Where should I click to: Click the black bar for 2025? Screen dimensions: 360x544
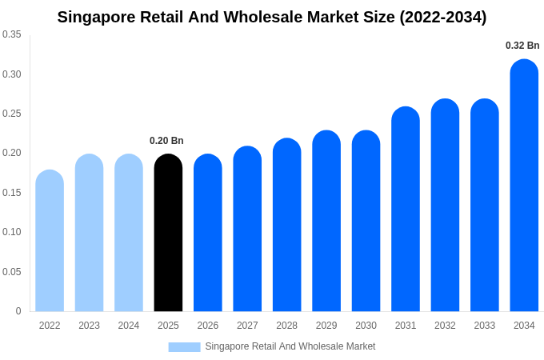pos(168,233)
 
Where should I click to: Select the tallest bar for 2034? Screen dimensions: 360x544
pos(524,186)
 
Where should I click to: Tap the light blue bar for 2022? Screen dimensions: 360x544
pos(50,241)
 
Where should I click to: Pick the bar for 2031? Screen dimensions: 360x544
pos(406,209)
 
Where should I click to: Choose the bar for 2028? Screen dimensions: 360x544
pos(287,225)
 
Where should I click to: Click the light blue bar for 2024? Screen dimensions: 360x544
pos(129,233)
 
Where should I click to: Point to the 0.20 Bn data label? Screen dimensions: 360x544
pos(166,141)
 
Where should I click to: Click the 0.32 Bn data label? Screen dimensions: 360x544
pos(522,46)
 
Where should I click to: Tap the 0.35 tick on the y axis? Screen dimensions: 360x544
pos(12,34)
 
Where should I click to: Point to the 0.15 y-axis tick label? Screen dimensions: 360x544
pos(12,193)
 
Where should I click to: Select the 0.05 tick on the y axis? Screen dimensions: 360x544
pos(12,272)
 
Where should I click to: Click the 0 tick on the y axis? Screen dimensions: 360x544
pos(18,311)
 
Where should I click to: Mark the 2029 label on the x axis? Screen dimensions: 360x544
pos(326,326)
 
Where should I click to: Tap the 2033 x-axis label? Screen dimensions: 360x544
pos(485,326)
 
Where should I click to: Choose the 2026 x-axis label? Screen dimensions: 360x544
pos(208,326)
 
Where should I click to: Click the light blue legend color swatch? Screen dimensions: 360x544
pos(184,346)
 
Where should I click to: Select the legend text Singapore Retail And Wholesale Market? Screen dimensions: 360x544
pos(290,346)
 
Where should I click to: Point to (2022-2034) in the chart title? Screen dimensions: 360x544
pos(442,17)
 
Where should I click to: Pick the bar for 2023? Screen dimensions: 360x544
pos(89,233)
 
